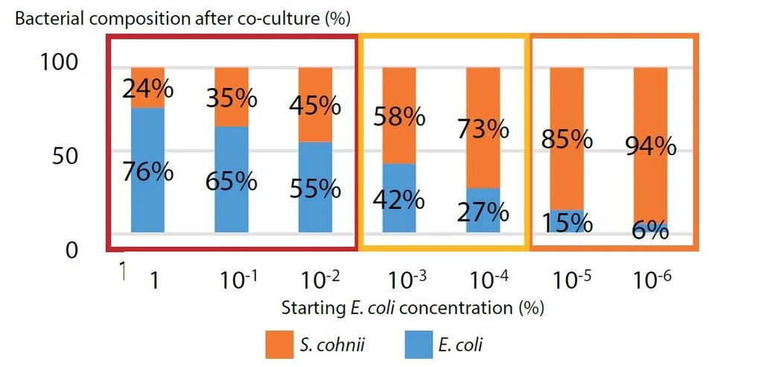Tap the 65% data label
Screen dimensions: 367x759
(x=232, y=181)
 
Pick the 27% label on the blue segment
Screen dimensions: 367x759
(x=483, y=211)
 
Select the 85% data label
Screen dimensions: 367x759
(x=567, y=139)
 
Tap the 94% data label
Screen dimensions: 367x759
(x=650, y=146)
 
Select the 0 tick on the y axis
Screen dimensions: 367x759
(x=72, y=250)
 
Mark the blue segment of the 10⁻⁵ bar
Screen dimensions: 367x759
(x=567, y=221)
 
